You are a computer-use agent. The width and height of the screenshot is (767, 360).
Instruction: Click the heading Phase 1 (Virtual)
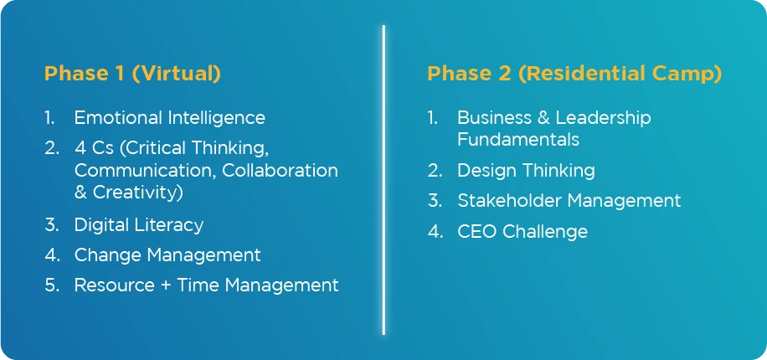coord(132,74)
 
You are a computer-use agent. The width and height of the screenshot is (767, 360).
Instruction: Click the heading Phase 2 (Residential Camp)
coord(574,74)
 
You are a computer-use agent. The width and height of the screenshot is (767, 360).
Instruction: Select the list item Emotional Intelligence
coord(170,118)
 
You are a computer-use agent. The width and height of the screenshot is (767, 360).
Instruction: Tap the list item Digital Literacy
coord(139,225)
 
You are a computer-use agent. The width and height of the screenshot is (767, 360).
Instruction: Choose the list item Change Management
coord(167,255)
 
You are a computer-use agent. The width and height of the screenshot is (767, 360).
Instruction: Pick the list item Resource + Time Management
coord(207,285)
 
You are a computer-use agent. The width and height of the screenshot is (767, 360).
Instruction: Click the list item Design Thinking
coord(527,171)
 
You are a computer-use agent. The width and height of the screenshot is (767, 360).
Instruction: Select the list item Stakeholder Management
coord(569,201)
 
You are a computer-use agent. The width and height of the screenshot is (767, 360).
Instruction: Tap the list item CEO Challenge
coord(522,231)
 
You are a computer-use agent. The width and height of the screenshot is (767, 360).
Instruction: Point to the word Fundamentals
coord(518,140)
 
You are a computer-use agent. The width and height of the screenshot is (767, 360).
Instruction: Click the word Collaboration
coord(281,170)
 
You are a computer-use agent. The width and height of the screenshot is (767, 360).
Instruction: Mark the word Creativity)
coord(138,193)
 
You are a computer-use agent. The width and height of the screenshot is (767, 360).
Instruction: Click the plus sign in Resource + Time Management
coord(166,285)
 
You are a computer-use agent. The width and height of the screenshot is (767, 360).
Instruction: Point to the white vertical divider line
coord(383,180)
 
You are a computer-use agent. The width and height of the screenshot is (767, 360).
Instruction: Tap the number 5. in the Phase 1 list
coord(52,285)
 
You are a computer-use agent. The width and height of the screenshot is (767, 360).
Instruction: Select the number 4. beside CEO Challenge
coord(435,231)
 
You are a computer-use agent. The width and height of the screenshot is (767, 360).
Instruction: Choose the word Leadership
coord(603,118)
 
